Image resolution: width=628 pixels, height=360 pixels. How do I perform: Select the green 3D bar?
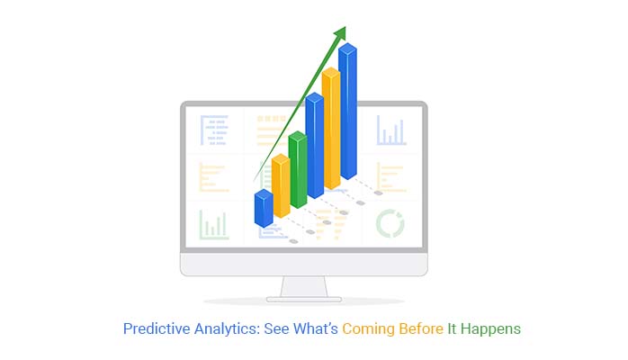tap(298, 170)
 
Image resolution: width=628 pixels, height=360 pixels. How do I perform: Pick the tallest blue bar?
tap(348, 117)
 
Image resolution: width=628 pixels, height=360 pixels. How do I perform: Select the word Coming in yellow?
tap(369, 329)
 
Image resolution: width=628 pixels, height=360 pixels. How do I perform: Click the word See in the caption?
tap(280, 329)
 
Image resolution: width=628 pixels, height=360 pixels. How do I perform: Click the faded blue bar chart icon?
tap(391, 131)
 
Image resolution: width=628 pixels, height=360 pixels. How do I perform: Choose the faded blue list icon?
tap(214, 131)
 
